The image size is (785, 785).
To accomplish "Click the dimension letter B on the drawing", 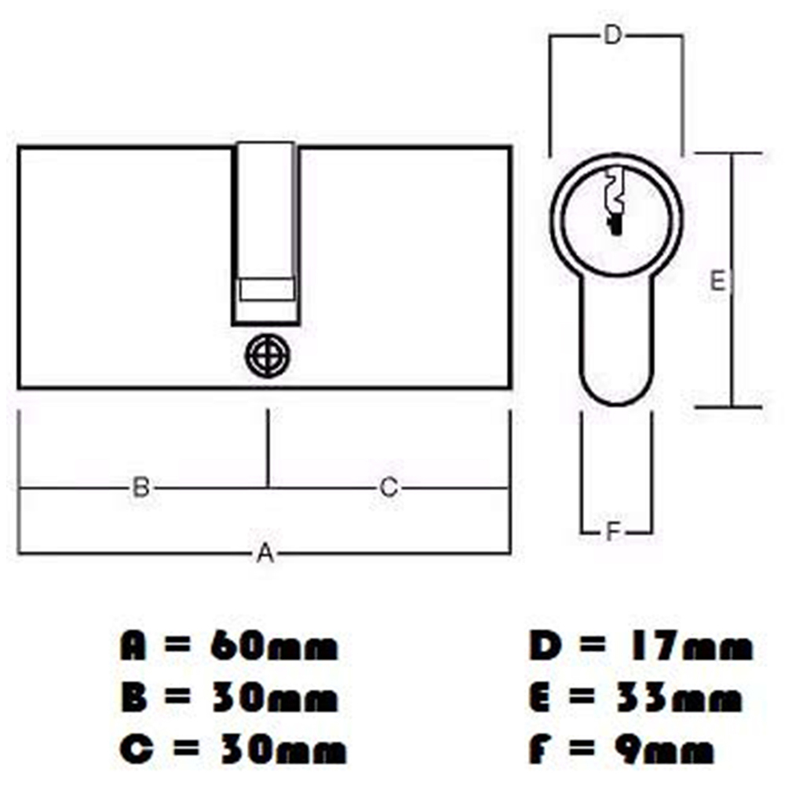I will point(141,487).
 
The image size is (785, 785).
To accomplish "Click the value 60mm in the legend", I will point(274,648).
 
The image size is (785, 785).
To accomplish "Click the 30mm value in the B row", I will point(274,699).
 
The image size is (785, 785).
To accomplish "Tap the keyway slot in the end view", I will point(614,200).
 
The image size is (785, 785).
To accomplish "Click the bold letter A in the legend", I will point(135,648).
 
